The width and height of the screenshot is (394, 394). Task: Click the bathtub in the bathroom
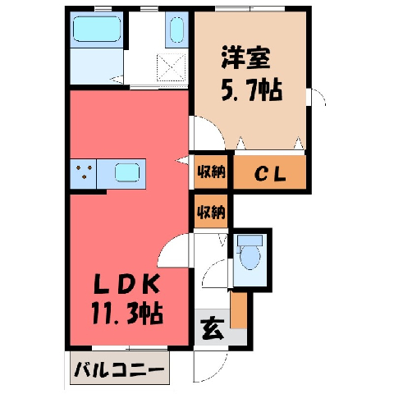pyautogui.click(x=97, y=29)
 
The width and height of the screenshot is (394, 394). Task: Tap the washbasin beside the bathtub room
pyautogui.click(x=176, y=30)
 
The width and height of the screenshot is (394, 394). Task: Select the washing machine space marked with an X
pyautogui.click(x=171, y=67)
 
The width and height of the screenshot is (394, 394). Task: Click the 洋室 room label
pyautogui.click(x=245, y=57)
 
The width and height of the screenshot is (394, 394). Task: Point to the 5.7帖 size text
pyautogui.click(x=252, y=89)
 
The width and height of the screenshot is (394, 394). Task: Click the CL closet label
pyautogui.click(x=270, y=174)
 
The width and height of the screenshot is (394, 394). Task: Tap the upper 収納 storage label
pyautogui.click(x=211, y=172)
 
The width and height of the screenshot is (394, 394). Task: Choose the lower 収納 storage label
pyautogui.click(x=211, y=212)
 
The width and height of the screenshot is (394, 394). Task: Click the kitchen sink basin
pyautogui.click(x=127, y=172)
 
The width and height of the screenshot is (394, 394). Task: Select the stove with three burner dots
pyautogui.click(x=84, y=174)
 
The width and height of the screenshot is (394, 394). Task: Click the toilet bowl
pyautogui.click(x=250, y=257)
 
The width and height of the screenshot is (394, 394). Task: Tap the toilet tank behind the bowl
pyautogui.click(x=250, y=240)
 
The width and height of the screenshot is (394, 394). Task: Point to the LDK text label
pyautogui.click(x=126, y=285)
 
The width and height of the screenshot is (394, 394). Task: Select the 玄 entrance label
pyautogui.click(x=213, y=328)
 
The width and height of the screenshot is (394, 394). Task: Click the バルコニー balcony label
pyautogui.click(x=120, y=369)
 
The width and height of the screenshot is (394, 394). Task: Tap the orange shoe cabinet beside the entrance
pyautogui.click(x=239, y=309)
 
